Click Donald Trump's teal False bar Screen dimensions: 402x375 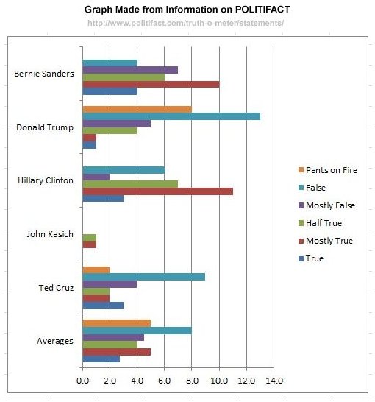tap(171, 116)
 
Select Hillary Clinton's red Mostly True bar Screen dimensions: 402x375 tap(157, 191)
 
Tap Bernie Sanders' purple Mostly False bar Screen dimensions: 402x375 tap(130, 70)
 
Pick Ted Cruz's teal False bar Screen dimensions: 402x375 tap(143, 277)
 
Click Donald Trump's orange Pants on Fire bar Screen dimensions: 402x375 tap(137, 109)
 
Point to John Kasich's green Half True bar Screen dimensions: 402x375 tap(89, 237)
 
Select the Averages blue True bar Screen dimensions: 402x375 tap(101, 359)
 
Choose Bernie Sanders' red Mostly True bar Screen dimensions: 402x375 tap(151, 84)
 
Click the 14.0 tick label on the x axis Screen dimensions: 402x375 tap(274, 381)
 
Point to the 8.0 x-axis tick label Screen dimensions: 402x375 tap(191, 381)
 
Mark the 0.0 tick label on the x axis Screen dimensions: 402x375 tap(82, 381)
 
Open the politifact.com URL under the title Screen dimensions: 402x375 tap(185, 23)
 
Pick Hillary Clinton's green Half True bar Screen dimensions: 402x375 tap(129, 183)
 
